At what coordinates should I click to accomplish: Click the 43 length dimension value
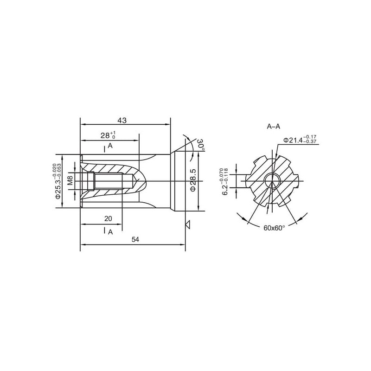[x=122, y=121]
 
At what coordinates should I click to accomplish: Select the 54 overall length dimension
[x=135, y=239]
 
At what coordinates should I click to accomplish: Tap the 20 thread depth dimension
[x=108, y=218]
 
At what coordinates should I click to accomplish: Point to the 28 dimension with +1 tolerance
[x=108, y=135]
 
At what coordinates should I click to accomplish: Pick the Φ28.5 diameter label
[x=193, y=180]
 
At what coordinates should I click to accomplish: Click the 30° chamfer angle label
[x=201, y=145]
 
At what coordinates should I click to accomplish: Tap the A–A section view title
[x=273, y=127]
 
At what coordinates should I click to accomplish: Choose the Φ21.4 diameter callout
[x=300, y=140]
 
